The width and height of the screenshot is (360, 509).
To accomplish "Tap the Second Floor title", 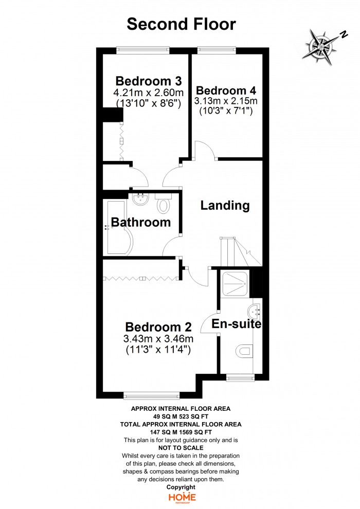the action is [181, 24].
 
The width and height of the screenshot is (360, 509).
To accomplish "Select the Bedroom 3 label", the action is [148, 81].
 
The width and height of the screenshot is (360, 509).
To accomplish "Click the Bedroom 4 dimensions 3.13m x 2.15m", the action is [226, 101].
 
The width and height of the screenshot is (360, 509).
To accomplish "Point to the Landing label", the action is [225, 205].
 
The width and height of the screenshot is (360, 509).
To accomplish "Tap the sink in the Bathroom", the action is [140, 198].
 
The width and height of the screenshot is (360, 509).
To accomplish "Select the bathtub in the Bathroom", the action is [118, 228].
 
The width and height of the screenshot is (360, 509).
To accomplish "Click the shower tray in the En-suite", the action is [235, 283].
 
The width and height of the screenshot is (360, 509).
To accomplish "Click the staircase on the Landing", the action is [241, 251].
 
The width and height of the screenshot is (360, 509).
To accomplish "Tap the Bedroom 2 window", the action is [152, 395].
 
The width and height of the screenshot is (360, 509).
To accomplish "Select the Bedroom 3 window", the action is [143, 50].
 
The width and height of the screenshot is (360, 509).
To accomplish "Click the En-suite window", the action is [240, 377].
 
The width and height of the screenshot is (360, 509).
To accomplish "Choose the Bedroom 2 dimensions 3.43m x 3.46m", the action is [158, 339].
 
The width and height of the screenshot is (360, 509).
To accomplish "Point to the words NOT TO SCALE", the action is [181, 448].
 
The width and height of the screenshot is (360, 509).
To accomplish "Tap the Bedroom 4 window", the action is [217, 50].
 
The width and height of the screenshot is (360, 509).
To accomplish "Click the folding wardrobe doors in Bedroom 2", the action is [141, 278].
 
